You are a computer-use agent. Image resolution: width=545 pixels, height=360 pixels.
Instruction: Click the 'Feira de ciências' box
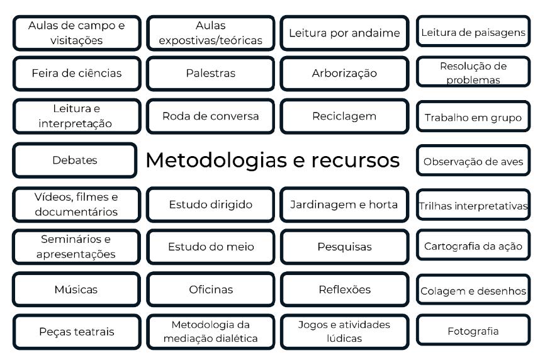coord(77,73)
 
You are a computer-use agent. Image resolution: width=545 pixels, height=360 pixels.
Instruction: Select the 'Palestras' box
coord(210,73)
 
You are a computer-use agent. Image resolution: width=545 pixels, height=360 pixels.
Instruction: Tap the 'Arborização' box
coord(344,73)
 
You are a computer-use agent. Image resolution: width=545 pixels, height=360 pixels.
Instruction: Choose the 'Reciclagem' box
coord(344,116)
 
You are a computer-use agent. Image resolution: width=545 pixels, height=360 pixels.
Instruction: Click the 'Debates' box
coord(75,160)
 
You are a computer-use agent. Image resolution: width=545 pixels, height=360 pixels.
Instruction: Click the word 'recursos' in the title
coord(356,160)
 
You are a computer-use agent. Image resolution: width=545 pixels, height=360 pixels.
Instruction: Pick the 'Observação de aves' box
coord(473,162)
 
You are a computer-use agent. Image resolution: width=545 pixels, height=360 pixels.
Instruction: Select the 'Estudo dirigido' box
coord(210,204)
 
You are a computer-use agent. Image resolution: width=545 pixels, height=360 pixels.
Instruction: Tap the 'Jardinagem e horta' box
coord(344,204)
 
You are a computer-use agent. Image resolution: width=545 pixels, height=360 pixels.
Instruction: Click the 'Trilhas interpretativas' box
coord(473,205)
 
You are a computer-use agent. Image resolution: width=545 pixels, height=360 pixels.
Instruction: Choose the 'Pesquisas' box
coord(344,247)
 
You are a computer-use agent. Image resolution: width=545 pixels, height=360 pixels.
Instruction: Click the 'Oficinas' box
coord(210,290)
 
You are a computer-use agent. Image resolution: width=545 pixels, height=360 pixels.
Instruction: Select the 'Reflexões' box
coord(344,290)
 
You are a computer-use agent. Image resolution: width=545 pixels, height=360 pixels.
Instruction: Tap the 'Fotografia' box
coord(473,331)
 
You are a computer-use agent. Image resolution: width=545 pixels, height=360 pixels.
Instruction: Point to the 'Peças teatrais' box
coord(77,332)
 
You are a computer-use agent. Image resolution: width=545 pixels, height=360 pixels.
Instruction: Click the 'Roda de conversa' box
coord(210,116)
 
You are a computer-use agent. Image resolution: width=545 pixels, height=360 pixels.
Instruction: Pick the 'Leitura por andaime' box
coord(344,33)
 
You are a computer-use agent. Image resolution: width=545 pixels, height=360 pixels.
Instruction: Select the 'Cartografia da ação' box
coord(473,246)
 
